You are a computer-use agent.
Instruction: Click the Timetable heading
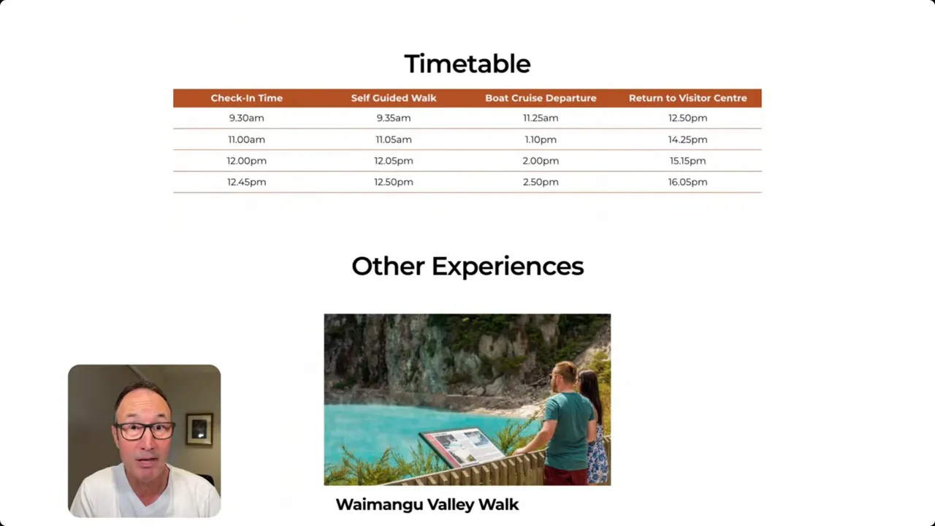point(467,64)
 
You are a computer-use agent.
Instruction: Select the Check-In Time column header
point(247,98)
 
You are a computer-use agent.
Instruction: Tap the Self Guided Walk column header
point(394,98)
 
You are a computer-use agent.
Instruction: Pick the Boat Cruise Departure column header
point(541,98)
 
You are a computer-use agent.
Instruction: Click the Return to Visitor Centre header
point(688,98)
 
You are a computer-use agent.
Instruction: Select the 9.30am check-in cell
point(247,118)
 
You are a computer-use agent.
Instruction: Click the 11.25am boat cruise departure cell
point(541,118)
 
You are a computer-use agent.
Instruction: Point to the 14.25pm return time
point(688,140)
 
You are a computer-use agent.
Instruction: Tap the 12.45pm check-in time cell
point(247,182)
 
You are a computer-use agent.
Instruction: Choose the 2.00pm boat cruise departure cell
point(541,161)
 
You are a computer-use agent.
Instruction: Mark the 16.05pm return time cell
point(688,182)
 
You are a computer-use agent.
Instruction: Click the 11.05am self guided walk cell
point(394,140)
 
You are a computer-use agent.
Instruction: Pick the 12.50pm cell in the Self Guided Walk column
point(394,182)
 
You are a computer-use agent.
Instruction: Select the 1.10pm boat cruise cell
point(541,140)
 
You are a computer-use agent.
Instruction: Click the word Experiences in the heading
point(508,267)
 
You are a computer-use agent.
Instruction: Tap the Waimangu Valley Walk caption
point(427,505)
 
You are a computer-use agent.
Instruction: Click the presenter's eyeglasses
point(144,431)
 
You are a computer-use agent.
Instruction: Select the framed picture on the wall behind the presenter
point(199,429)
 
